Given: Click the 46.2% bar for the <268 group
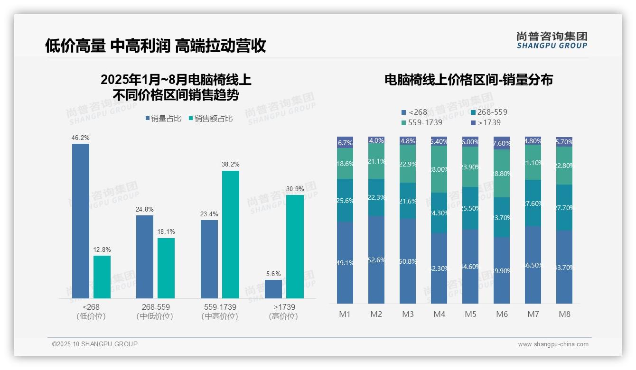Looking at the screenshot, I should [81, 221].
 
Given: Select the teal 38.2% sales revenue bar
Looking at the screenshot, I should [231, 234].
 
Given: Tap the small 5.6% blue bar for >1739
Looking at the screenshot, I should [273, 289].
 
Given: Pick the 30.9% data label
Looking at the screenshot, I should [295, 189].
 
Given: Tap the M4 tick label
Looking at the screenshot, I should [439, 314].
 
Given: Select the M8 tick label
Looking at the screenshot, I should [564, 314].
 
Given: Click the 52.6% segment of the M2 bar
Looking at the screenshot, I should [376, 260].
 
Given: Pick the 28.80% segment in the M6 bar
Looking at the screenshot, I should [502, 174].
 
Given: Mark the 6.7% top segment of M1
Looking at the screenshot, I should [345, 142].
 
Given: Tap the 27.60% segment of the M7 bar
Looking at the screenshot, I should [533, 203].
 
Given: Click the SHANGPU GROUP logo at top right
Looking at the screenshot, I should [552, 40].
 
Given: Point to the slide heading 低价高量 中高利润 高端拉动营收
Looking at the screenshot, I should [155, 46].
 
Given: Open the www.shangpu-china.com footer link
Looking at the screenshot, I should [553, 344].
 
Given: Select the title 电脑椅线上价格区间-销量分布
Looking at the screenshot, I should [468, 80].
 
